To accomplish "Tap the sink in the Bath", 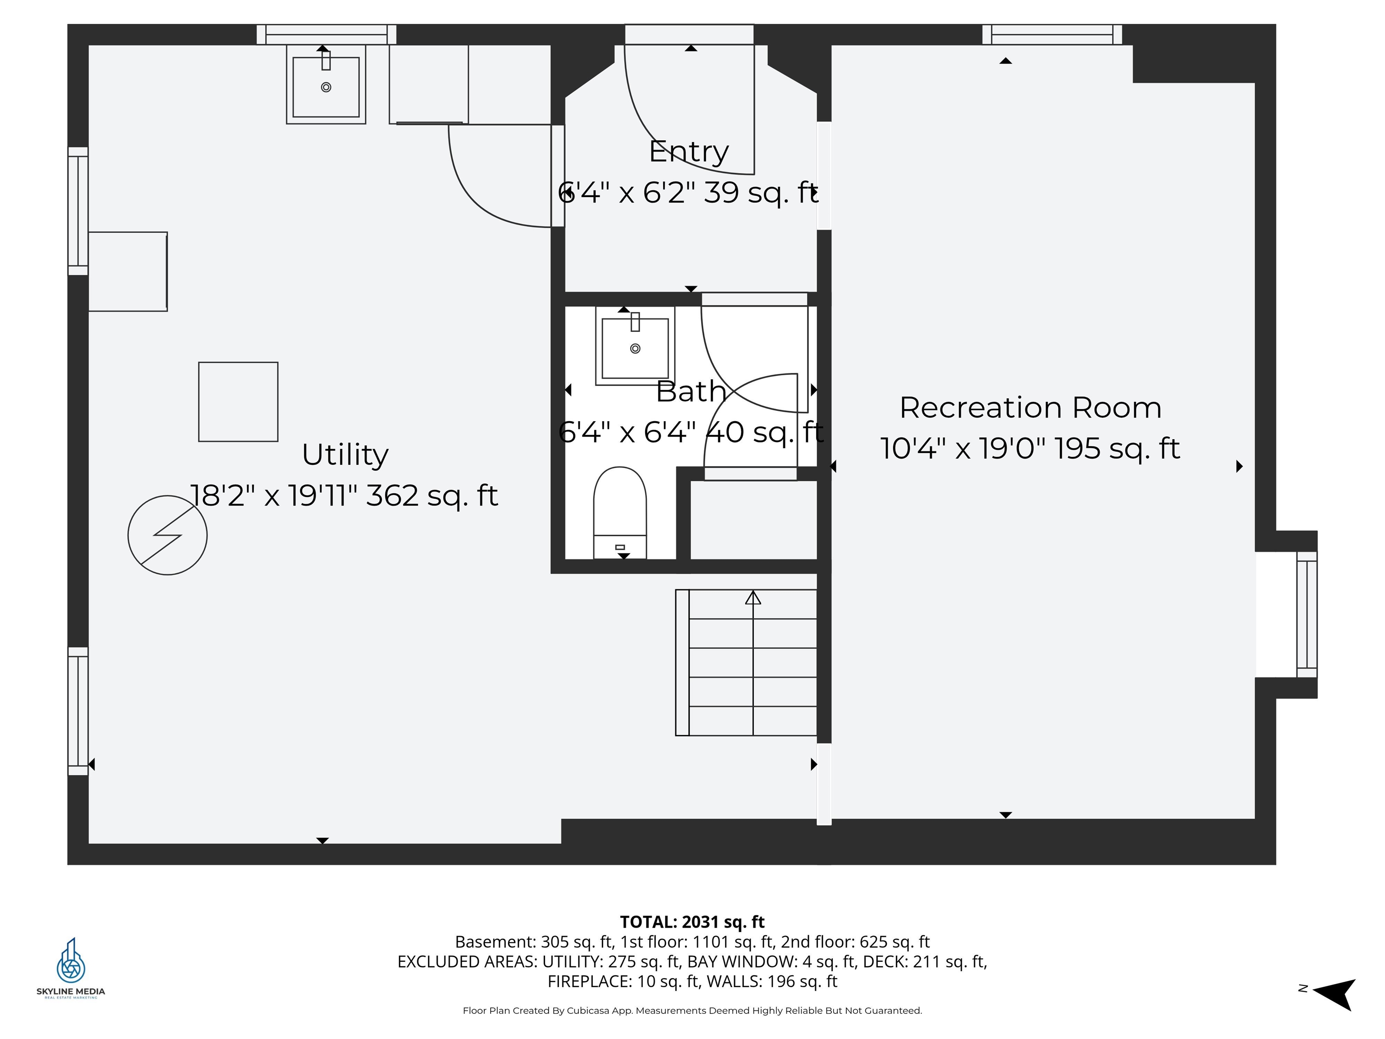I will point(635,348).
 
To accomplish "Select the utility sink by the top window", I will point(326,87).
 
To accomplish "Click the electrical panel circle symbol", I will point(167,535).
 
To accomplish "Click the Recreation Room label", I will point(1030,408).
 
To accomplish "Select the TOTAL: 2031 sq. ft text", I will point(692,922).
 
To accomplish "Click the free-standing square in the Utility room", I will point(238,401).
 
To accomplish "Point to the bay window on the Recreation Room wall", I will point(1307,614).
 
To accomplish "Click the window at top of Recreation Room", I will point(1052,34).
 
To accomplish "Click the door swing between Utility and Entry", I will point(495,182).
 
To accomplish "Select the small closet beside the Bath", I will point(754,520).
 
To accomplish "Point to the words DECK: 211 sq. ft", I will point(949,961).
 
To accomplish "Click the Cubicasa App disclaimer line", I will point(692,1010).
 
